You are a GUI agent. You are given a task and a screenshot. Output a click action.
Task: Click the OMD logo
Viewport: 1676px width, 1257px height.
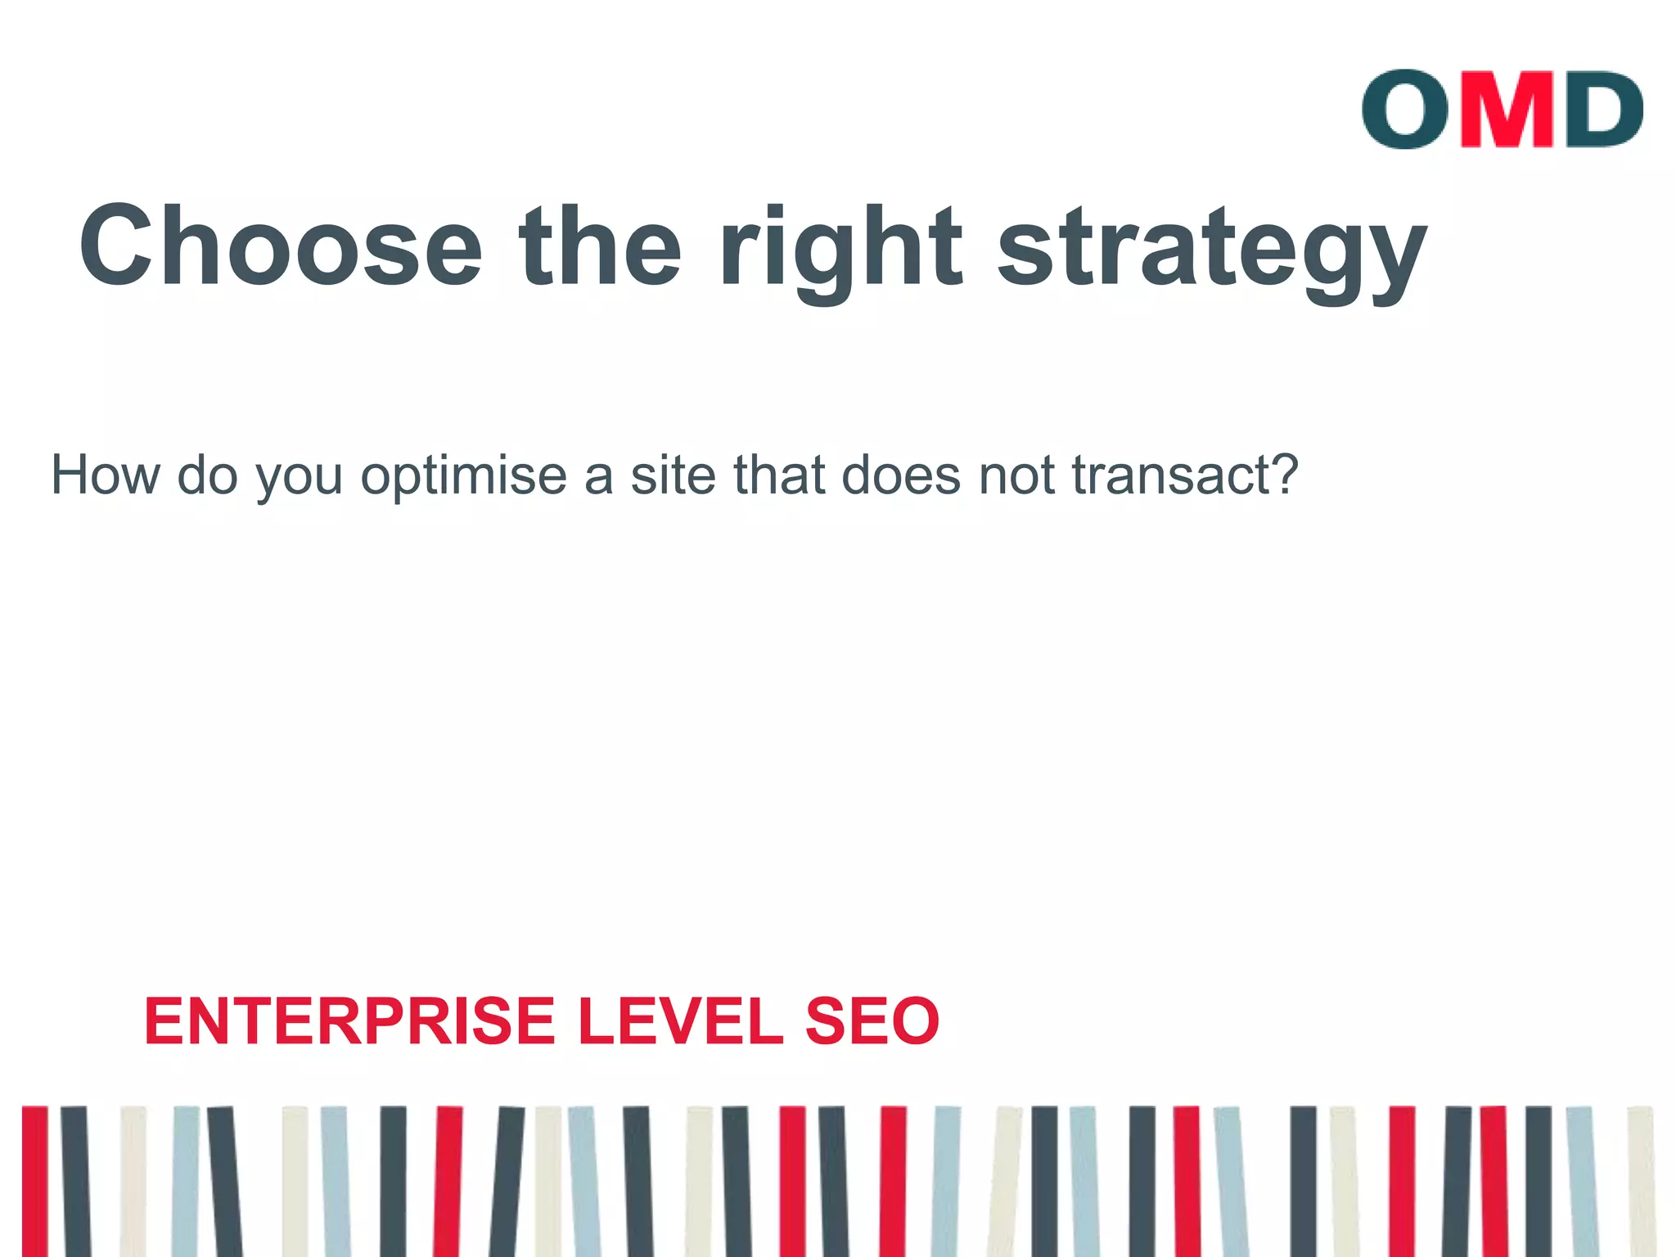[x=1502, y=109]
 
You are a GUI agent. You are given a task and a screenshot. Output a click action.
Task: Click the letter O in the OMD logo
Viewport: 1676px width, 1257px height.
[x=1405, y=109]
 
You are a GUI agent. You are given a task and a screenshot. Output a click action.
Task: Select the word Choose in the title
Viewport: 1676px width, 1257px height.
[x=281, y=246]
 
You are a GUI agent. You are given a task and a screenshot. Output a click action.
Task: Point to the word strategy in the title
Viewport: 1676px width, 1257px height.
[x=1212, y=250]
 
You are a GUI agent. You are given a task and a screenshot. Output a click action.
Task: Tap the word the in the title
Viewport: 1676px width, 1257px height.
[x=600, y=246]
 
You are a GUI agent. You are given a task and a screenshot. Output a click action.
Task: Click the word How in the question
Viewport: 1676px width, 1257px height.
[x=106, y=475]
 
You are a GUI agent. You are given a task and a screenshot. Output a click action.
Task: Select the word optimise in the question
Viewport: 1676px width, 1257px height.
[x=464, y=476]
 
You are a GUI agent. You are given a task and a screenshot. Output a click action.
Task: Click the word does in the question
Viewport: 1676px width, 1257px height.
[x=901, y=475]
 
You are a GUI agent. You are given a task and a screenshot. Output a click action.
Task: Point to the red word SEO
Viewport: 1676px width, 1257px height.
[x=872, y=1021]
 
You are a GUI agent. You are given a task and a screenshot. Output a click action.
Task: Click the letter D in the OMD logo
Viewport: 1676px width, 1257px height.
[x=1602, y=109]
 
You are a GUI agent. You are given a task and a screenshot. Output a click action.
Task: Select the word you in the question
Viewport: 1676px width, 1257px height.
[x=300, y=478]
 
